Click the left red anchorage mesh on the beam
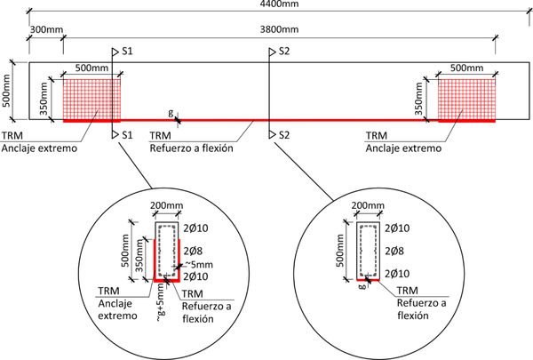coord(91,98)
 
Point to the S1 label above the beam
coord(127,52)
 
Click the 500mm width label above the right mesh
coord(465,68)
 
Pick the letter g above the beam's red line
coord(171,112)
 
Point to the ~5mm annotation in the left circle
coord(200,264)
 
